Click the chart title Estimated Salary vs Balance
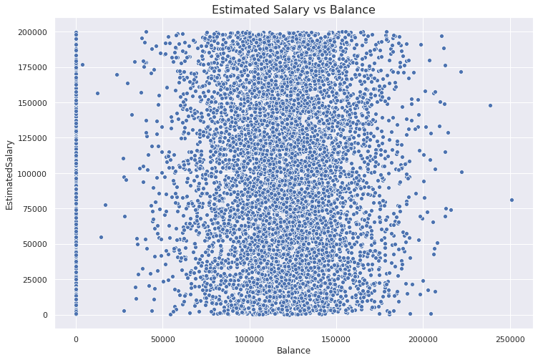pos(293,9)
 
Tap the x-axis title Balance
pos(293,351)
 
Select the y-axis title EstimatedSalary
pos(9,175)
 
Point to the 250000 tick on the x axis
pos(510,339)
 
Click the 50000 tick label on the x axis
pos(162,339)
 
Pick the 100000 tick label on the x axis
pos(250,339)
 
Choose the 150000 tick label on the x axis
pos(336,339)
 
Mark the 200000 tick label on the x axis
pos(423,339)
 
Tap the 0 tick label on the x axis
pos(76,339)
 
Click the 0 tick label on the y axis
pos(46,315)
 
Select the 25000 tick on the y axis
pos(35,280)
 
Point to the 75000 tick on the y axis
pos(35,209)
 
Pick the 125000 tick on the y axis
pos(34,138)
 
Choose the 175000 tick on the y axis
pos(34,67)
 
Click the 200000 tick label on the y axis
pos(34,32)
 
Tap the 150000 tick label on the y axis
pos(34,103)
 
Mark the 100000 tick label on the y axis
pos(34,174)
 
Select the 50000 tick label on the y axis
pos(35,244)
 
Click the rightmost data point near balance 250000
pos(512,200)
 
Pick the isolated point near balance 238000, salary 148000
pos(490,106)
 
